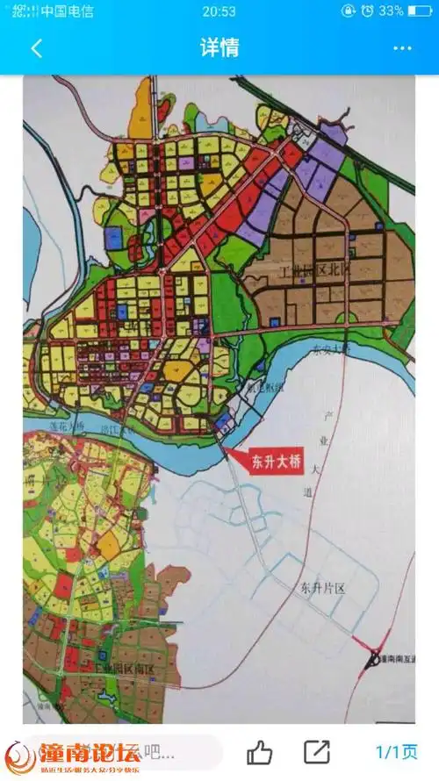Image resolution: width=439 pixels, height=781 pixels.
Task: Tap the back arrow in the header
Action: [x=36, y=48]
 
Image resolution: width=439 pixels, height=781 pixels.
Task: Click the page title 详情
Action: [x=219, y=47]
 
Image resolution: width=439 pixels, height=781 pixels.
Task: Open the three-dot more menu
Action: [x=402, y=48]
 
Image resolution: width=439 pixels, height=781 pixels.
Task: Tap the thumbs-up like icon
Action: [x=259, y=752]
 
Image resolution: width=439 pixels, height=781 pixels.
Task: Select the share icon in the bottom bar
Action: [x=316, y=752]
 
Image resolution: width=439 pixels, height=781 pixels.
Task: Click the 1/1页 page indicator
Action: [x=397, y=752]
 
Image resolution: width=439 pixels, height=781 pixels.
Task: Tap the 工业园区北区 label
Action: [x=313, y=274]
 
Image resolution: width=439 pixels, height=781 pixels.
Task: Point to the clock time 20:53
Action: [x=219, y=11]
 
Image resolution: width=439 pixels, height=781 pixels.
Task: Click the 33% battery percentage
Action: [x=392, y=11]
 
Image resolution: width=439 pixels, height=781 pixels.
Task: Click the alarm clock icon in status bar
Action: [x=349, y=11]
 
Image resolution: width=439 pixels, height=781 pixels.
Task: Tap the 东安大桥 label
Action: [x=331, y=350]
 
